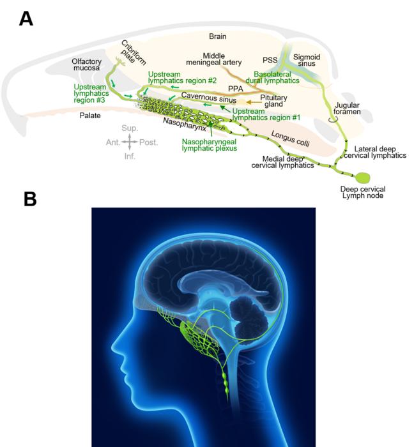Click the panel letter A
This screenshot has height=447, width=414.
[26, 18]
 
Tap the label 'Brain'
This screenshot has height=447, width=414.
[218, 37]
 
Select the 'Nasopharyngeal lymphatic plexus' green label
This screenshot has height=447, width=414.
[209, 144]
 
